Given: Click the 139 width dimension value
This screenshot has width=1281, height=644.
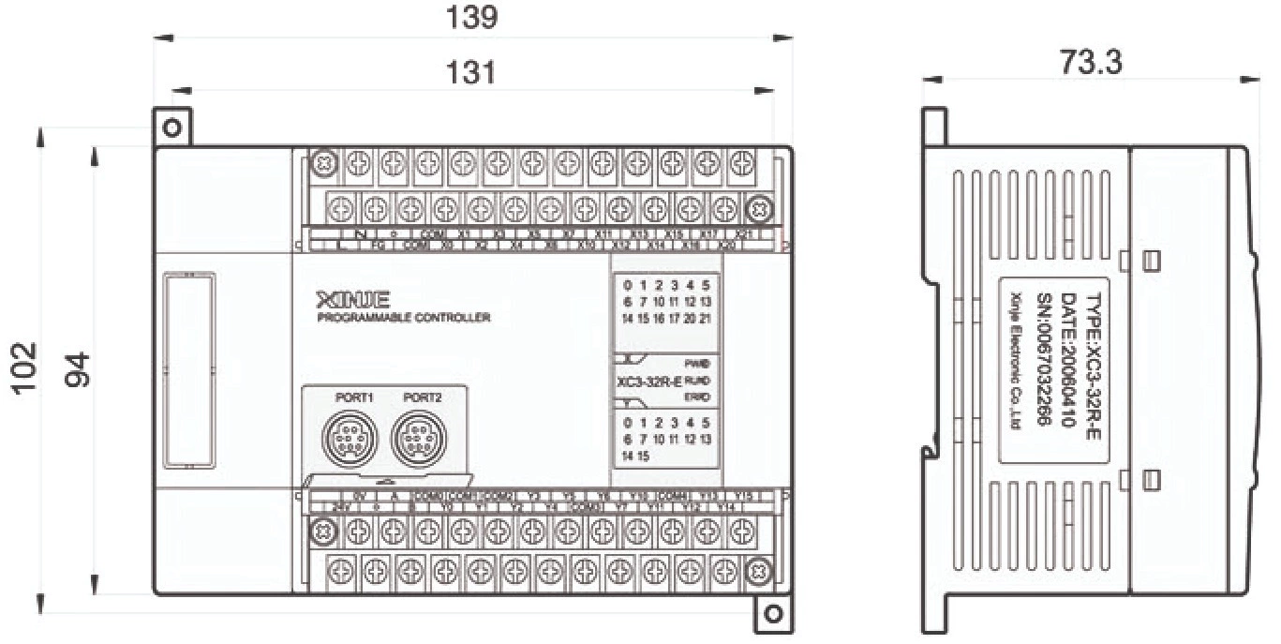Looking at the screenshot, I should (x=472, y=17).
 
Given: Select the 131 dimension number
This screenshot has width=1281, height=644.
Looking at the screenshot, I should (x=470, y=72).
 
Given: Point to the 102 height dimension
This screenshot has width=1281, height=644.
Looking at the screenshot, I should (x=25, y=369).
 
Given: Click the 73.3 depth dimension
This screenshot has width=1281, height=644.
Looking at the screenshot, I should (x=1091, y=62).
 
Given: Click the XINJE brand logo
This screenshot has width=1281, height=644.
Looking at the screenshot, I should (x=353, y=301).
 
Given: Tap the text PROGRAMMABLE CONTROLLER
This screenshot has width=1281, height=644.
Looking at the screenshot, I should (x=404, y=319).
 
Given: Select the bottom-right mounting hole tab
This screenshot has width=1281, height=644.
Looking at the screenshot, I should (x=773, y=614).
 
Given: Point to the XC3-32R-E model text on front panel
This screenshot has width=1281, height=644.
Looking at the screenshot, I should (x=648, y=382).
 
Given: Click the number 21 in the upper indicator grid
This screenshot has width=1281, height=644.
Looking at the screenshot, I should (x=705, y=319).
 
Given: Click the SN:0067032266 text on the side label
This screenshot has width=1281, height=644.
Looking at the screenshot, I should (x=1042, y=360).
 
